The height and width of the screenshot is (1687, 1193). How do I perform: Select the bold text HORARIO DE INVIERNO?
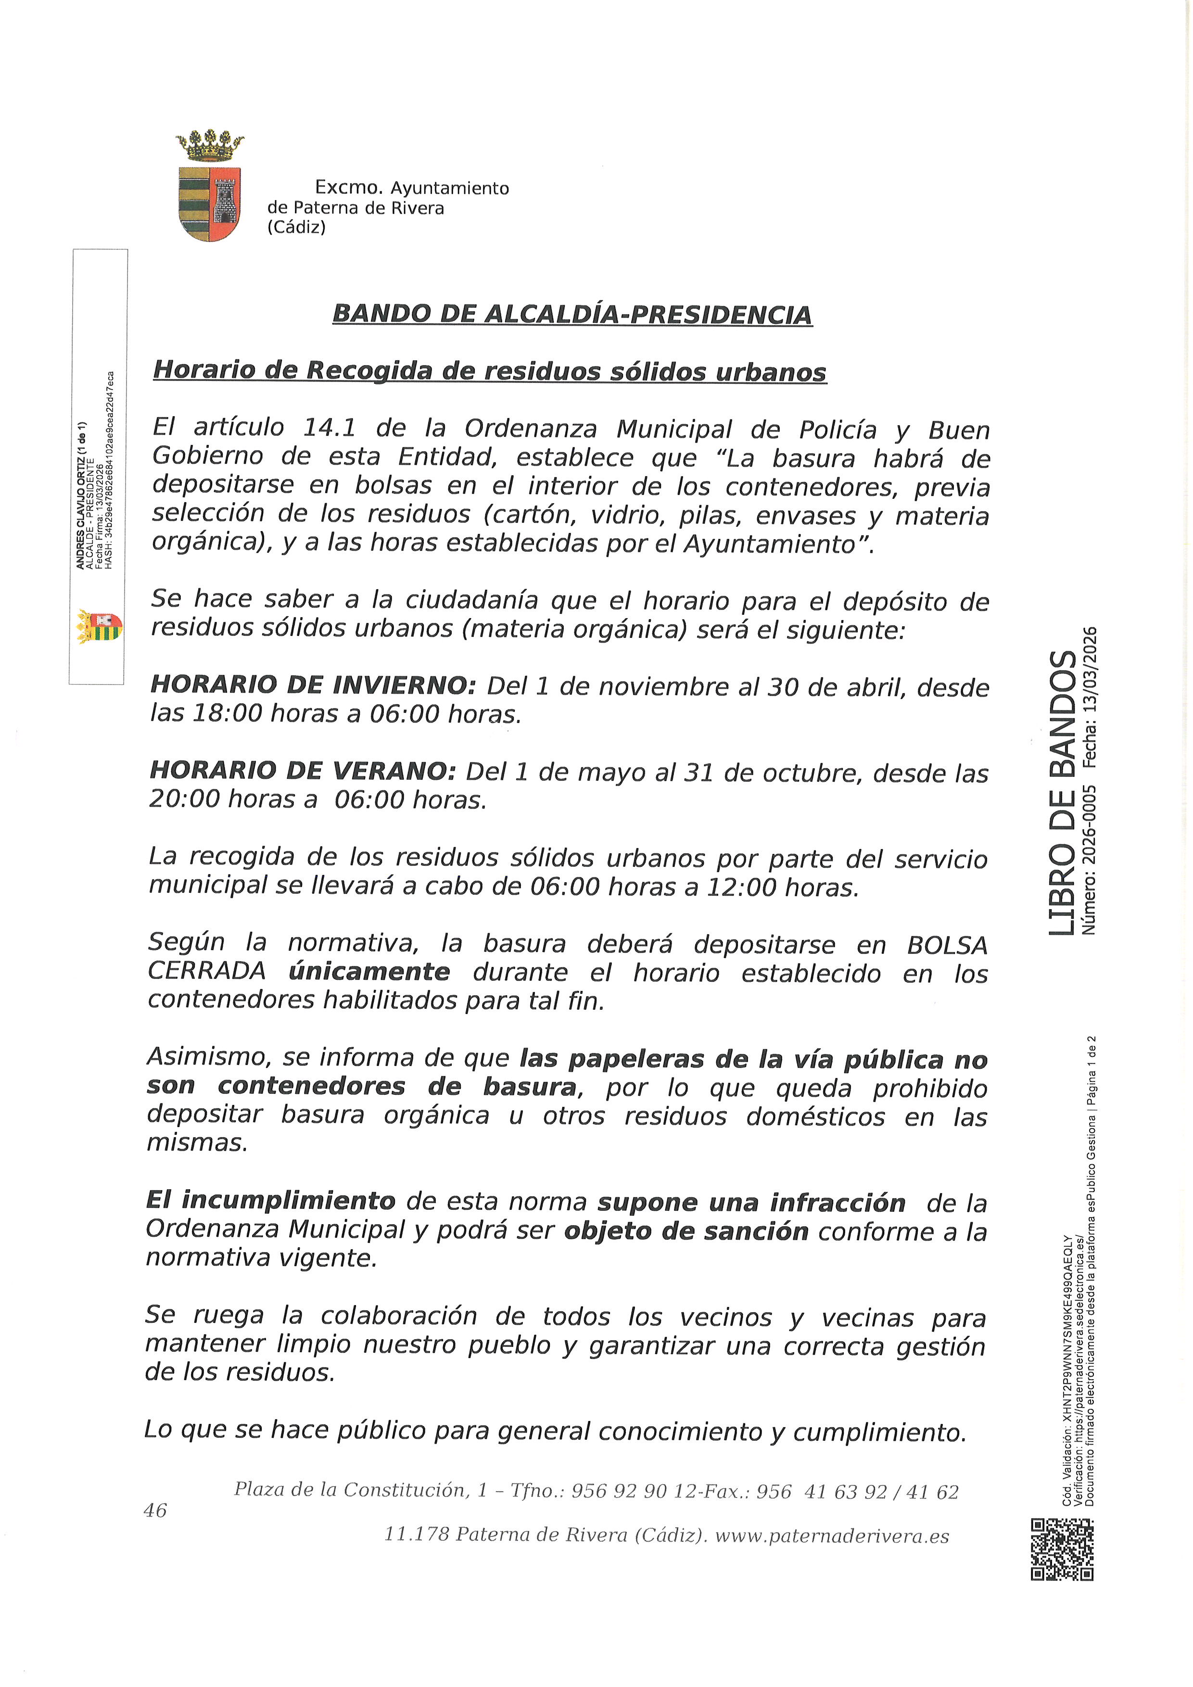tap(314, 685)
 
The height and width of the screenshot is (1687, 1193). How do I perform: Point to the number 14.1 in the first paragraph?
tap(330, 427)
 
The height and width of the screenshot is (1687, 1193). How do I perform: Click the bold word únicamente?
tap(369, 973)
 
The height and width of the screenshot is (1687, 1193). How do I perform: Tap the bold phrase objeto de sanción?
tap(686, 1231)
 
